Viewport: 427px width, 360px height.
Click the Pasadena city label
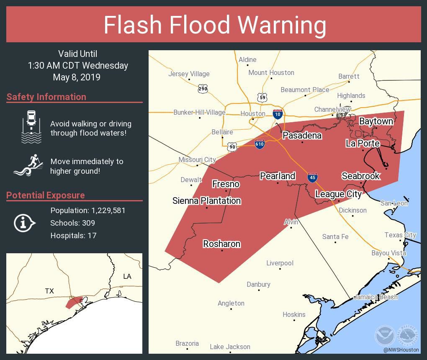point(302,135)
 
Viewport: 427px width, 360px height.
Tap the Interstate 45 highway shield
point(312,177)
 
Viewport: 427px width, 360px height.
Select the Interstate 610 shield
point(260,144)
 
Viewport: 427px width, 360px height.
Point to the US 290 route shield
point(203,89)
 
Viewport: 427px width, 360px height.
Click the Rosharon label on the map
point(221,244)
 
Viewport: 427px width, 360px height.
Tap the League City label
point(338,194)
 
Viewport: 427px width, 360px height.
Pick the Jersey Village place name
point(189,74)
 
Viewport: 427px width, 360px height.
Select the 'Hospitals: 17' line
point(73,236)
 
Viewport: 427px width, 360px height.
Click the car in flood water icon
point(31,126)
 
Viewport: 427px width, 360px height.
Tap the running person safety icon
point(29,165)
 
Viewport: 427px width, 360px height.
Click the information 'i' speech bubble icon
point(24,223)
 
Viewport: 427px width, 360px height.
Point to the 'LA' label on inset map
point(127,276)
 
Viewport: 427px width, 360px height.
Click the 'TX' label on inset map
point(49,291)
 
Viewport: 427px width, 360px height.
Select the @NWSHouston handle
point(401,350)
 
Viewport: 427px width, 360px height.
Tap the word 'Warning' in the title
point(282,25)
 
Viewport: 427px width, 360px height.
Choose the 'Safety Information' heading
point(46,97)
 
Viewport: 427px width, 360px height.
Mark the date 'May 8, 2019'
point(77,77)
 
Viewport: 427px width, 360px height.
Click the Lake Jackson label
point(230,347)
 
